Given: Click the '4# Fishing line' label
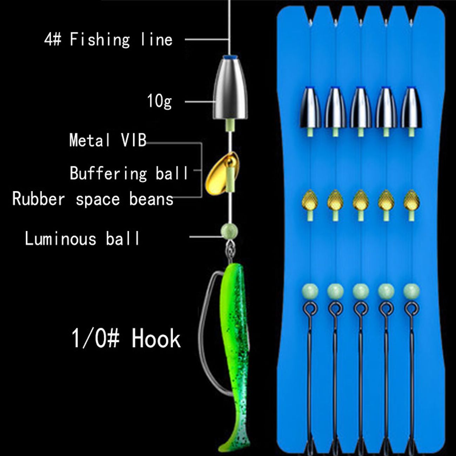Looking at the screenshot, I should pyautogui.click(x=108, y=39).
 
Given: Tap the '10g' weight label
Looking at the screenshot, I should pyautogui.click(x=160, y=101).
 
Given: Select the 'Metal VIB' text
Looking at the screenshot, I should pyautogui.click(x=108, y=140).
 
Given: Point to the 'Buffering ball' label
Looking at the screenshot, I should pyautogui.click(x=129, y=173).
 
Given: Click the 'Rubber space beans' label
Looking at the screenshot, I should pyautogui.click(x=93, y=199).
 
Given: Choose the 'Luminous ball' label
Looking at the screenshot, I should pyautogui.click(x=82, y=239).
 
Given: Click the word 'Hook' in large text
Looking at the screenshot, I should pyautogui.click(x=156, y=338).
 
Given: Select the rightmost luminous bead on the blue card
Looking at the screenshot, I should pyautogui.click(x=411, y=291).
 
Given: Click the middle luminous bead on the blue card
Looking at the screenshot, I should pyautogui.click(x=360, y=291).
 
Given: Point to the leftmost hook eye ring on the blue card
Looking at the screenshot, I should pyautogui.click(x=310, y=309).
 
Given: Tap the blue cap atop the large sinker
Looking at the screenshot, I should pyautogui.click(x=229, y=57).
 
